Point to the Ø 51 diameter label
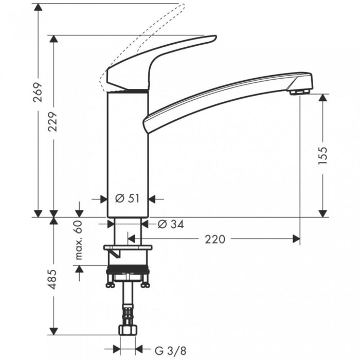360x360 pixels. [x=128, y=199]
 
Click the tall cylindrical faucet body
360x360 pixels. [x=128, y=154]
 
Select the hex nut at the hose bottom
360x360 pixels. [x=127, y=330]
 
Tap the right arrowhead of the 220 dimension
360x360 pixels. [x=296, y=239]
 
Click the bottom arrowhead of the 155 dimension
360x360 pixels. [x=322, y=213]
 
